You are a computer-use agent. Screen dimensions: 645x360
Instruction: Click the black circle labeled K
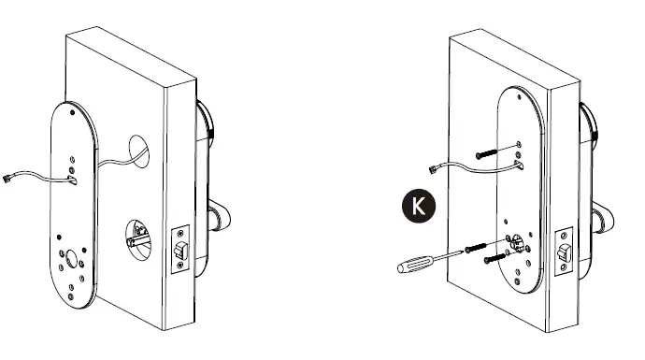coord(417,205)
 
